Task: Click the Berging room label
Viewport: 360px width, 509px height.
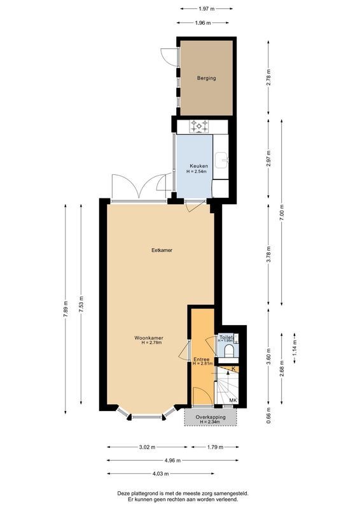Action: (206, 78)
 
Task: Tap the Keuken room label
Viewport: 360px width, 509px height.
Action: (198, 166)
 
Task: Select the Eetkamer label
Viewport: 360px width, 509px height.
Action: (162, 250)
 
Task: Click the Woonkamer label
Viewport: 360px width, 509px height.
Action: (149, 337)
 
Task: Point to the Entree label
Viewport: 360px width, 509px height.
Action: (202, 359)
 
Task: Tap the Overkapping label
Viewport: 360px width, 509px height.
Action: (210, 417)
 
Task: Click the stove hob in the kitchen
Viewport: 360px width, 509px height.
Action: (200, 127)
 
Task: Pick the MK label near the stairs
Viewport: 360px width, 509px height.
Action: (233, 400)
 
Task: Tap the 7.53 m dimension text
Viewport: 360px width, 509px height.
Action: (80, 306)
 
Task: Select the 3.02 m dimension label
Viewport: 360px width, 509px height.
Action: (148, 447)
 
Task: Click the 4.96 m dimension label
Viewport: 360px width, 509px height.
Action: (172, 460)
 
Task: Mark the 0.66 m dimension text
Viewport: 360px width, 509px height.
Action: (268, 417)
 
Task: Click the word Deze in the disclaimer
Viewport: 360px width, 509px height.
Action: (124, 493)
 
